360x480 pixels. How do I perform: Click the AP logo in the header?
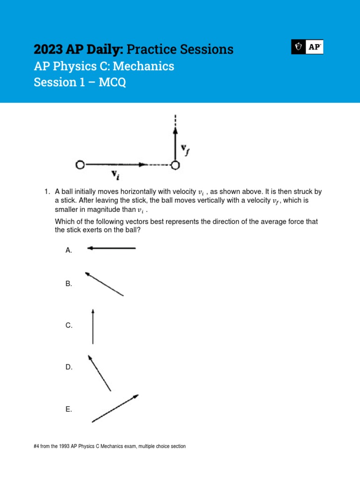[x=307, y=47]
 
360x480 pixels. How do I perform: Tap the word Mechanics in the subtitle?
[x=145, y=66]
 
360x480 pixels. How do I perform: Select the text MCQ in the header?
[x=114, y=82]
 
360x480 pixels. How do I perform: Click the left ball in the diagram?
[x=80, y=165]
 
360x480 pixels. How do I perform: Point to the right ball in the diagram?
[x=175, y=165]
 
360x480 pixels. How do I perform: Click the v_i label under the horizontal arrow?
[x=114, y=175]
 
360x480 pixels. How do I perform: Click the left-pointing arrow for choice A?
[x=112, y=248]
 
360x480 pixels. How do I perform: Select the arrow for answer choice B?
[x=104, y=284]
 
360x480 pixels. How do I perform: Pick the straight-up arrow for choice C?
[x=93, y=326]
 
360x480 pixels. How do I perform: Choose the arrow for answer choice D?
[x=99, y=373]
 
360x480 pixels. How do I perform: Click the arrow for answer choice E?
[x=115, y=408]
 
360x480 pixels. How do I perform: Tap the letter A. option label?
[x=69, y=250]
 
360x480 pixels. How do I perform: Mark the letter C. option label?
[x=69, y=325]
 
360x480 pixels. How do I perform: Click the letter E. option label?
[x=69, y=409]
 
